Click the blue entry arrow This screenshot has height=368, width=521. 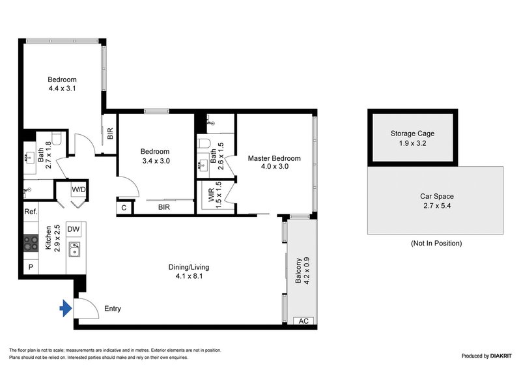click(65, 309)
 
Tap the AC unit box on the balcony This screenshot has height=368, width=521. click(302, 321)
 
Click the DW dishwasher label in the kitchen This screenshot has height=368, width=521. click(74, 229)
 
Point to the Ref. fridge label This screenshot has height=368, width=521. click(31, 212)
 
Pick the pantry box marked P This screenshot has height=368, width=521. click(31, 267)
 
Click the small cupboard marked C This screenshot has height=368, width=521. click(124, 208)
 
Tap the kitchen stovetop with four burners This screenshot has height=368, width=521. click(31, 243)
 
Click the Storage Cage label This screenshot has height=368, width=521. click(412, 134)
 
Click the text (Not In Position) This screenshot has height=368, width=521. click(436, 244)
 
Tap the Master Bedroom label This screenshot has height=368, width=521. click(274, 158)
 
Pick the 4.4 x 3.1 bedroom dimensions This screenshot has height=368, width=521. click(63, 89)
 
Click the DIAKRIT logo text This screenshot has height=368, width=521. click(494, 356)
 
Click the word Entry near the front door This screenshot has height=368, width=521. click(112, 309)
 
